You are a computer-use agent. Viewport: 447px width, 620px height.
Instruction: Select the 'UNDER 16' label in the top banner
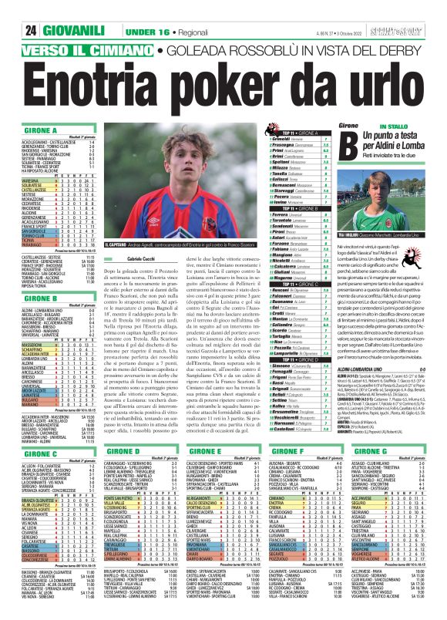coord(108,8)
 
